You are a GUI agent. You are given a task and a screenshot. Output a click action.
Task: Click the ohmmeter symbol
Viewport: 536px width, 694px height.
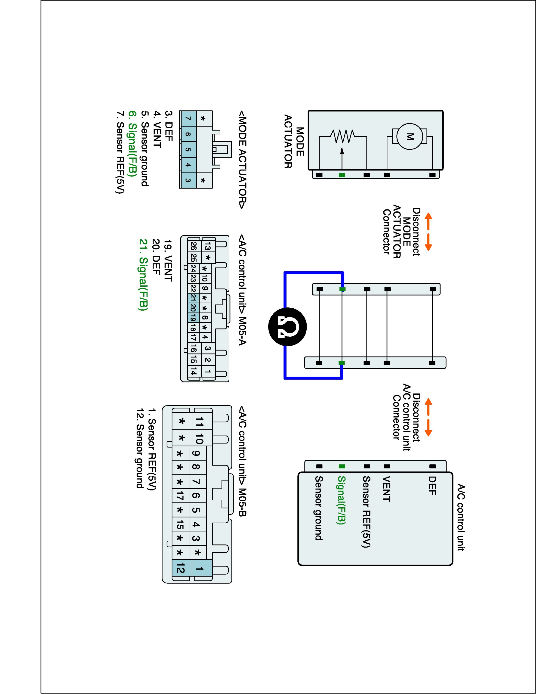coord(287,327)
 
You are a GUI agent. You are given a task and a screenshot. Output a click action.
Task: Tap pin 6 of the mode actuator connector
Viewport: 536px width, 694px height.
coord(188,134)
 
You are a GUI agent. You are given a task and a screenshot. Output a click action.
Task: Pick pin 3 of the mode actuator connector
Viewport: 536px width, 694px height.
coord(188,180)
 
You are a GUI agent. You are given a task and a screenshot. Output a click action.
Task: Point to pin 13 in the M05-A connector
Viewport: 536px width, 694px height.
coord(208,246)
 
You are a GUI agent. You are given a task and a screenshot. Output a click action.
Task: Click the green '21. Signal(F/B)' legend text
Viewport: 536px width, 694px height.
coord(144,275)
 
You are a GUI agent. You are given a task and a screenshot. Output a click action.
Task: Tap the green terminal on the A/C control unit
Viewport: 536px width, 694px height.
coord(342,466)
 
